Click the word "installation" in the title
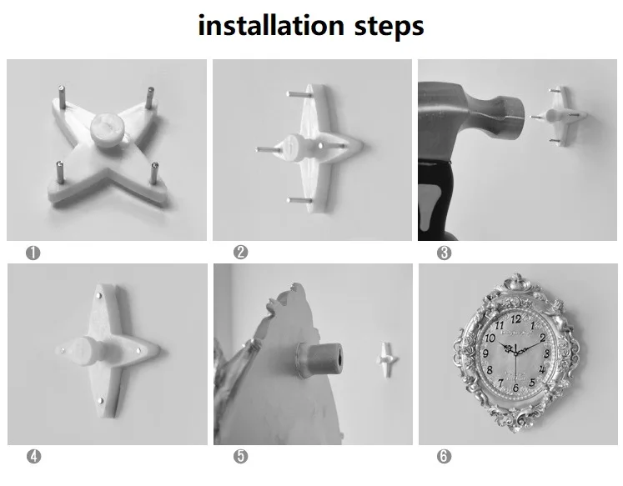pyautogui.click(x=271, y=25)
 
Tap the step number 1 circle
pyautogui.click(x=33, y=253)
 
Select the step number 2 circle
pyautogui.click(x=240, y=252)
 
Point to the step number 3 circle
pyautogui.click(x=444, y=253)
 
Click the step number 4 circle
pyautogui.click(x=33, y=456)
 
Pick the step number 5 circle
pyautogui.click(x=240, y=456)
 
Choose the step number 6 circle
pyautogui.click(x=444, y=456)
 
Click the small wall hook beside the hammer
pyautogui.click(x=560, y=116)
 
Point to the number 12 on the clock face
pyautogui.click(x=515, y=318)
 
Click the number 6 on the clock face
pyautogui.click(x=515, y=388)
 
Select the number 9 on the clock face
pyautogui.click(x=485, y=353)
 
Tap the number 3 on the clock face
pyautogui.click(x=547, y=354)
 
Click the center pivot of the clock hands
pyautogui.click(x=515, y=352)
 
